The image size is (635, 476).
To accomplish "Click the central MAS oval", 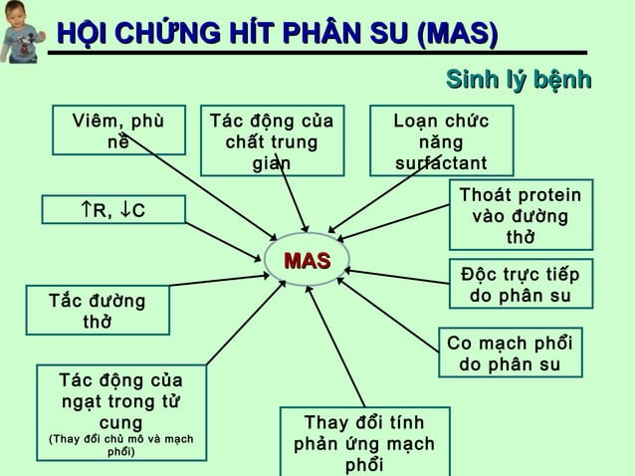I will (307, 261).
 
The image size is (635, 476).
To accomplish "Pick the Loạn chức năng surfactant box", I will (441, 140).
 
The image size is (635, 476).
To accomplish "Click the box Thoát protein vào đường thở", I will (520, 215).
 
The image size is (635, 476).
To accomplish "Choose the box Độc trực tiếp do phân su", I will (520, 285).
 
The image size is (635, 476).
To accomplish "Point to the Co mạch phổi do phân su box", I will (510, 354).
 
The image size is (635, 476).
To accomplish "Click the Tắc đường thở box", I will (98, 311).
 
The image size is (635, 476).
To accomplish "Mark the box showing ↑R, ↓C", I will (112, 210).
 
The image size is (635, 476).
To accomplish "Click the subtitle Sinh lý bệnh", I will (519, 80).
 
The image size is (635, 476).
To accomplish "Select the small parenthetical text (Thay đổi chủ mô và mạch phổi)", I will (120, 445).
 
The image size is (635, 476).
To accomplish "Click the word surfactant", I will (441, 162).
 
